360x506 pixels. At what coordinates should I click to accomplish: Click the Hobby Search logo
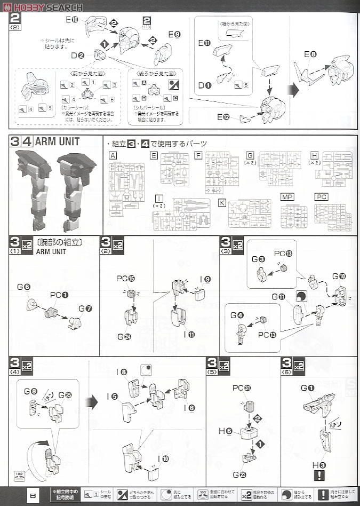[43, 6]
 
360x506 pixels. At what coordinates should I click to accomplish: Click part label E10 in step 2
[72, 20]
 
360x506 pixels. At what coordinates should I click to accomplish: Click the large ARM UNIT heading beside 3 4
[57, 142]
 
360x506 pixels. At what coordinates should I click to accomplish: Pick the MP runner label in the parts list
[287, 197]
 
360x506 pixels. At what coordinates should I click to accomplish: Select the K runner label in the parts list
[221, 203]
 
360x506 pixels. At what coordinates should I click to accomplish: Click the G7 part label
[84, 309]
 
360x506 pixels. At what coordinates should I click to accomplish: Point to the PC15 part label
[124, 278]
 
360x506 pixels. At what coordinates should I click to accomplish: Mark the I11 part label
[189, 335]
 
